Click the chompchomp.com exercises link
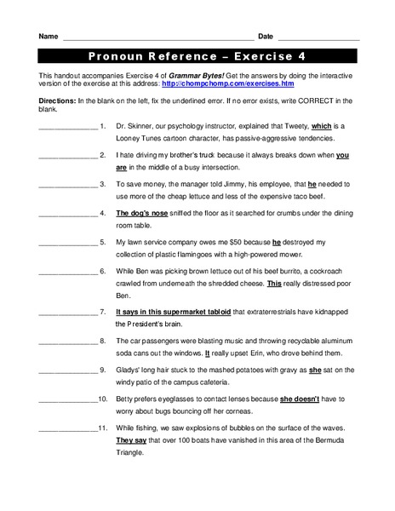click(x=227, y=84)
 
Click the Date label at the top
click(x=265, y=37)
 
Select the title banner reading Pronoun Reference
click(x=197, y=57)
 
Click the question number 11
click(x=100, y=428)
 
